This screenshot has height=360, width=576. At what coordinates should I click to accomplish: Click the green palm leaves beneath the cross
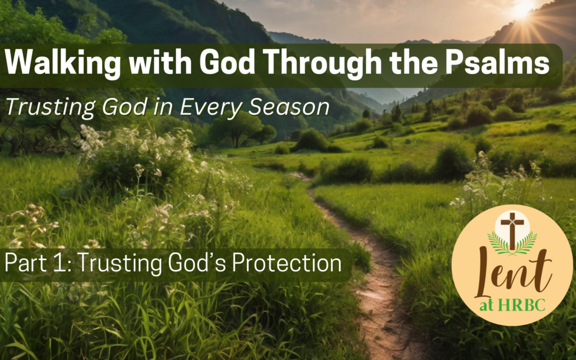[x=513, y=244]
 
